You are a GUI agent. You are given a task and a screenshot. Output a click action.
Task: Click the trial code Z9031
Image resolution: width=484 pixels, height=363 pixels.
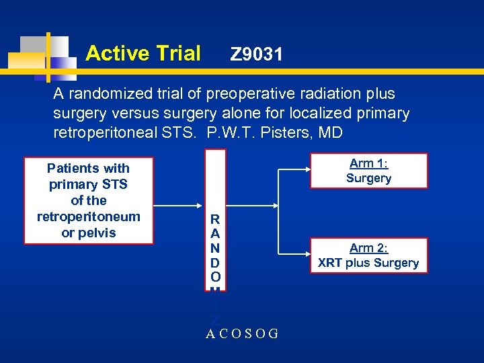point(256,54)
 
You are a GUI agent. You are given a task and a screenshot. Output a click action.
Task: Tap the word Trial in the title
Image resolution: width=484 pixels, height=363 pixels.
point(175,53)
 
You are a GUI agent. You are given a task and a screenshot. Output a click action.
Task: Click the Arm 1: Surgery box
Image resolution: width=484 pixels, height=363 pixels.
point(368,171)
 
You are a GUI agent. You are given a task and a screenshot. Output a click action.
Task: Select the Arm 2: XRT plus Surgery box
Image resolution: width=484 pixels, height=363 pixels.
point(368,255)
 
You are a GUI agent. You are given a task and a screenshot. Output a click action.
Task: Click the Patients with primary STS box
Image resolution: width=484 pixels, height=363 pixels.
point(88,200)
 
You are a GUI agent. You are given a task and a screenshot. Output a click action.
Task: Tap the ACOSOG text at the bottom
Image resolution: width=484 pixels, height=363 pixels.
point(242,333)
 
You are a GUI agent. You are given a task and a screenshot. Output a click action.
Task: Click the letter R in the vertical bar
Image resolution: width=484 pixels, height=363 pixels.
point(214,219)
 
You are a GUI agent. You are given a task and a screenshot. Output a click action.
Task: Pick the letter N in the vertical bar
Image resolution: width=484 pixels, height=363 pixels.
point(214,247)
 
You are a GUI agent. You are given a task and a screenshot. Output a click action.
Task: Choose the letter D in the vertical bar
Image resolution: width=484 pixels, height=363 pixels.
point(214,261)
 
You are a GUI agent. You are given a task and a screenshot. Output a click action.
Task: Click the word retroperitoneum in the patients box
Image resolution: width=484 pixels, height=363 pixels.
point(88,216)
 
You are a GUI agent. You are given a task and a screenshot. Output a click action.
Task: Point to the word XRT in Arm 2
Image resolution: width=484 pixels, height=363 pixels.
point(330,263)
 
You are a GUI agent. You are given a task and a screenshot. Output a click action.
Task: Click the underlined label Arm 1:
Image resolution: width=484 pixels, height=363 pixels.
point(368,163)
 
